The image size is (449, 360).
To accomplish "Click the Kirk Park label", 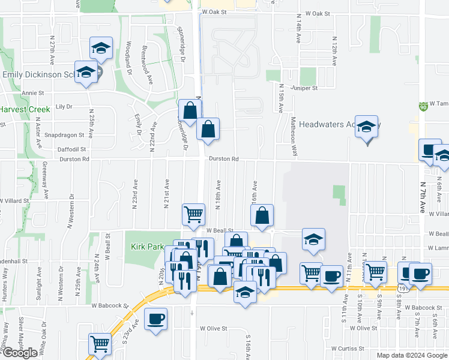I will (x=144, y=247).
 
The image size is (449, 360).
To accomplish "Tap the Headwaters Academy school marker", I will (x=367, y=127).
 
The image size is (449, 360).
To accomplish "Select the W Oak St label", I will (x=216, y=11).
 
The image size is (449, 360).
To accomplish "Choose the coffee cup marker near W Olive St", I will (x=156, y=318).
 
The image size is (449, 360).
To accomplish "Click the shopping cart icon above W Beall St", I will (x=193, y=214).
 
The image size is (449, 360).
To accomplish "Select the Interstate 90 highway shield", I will (x=423, y=106).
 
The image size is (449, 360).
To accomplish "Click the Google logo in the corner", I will (x=20, y=353).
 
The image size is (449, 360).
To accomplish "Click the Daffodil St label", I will (x=72, y=149).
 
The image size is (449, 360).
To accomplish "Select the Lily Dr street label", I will (x=63, y=106).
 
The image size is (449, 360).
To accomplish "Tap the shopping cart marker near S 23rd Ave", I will (x=100, y=344).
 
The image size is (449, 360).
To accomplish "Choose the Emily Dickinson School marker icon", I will (x=86, y=72).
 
